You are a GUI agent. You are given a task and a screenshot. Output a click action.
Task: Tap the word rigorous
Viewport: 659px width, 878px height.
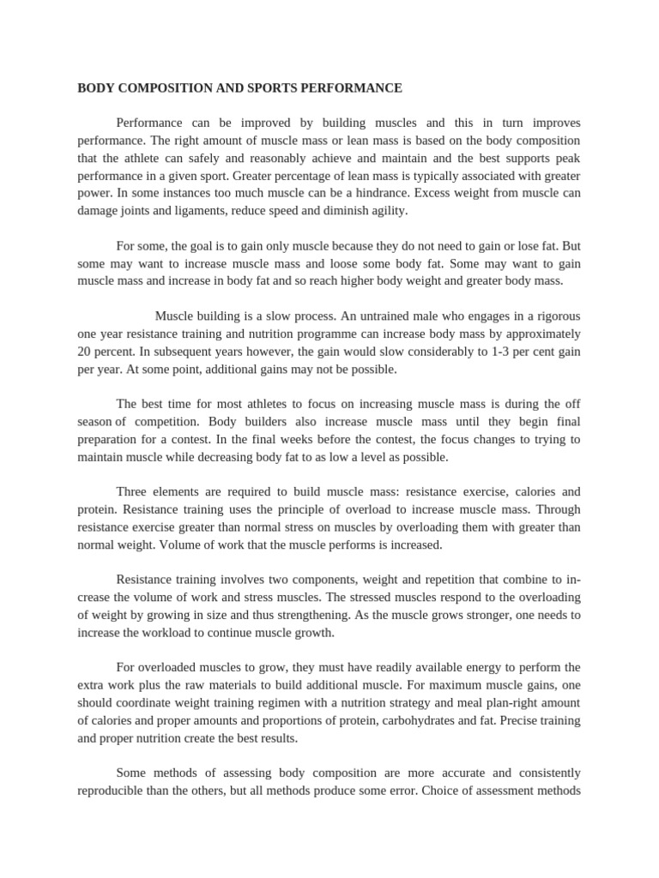(x=553, y=316)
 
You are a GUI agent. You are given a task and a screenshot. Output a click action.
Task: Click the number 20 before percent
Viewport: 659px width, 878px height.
(x=85, y=351)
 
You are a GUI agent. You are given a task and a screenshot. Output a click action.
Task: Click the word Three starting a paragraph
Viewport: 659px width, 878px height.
(x=134, y=491)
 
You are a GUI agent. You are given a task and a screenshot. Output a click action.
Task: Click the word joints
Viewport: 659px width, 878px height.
(x=141, y=210)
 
